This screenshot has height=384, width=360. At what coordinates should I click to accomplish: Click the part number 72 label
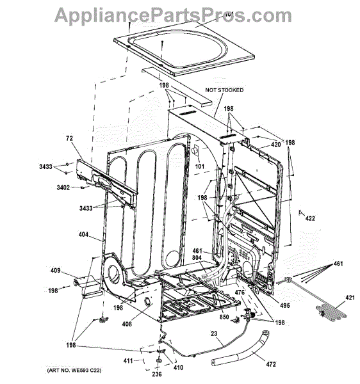click(70, 138)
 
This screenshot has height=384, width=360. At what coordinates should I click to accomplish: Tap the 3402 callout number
click(63, 188)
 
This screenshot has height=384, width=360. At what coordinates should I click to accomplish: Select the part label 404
click(83, 234)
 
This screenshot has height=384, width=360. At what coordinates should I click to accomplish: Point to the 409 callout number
click(55, 270)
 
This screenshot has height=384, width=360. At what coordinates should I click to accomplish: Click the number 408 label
click(127, 324)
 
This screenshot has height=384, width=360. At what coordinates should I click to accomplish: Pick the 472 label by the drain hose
click(271, 364)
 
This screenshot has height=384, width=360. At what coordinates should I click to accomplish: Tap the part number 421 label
click(350, 298)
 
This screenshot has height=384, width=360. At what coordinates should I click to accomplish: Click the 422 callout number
click(310, 218)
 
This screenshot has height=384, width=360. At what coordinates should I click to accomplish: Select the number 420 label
click(275, 145)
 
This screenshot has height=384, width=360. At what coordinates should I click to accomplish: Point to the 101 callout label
click(200, 166)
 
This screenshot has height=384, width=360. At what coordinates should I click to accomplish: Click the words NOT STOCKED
click(224, 90)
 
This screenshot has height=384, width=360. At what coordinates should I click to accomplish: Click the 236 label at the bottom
click(157, 374)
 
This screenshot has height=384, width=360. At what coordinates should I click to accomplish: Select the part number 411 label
click(128, 361)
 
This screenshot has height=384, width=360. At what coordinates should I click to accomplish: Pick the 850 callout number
click(224, 317)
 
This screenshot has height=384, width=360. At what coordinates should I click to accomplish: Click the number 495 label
click(285, 305)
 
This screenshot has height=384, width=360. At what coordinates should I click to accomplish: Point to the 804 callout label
click(197, 258)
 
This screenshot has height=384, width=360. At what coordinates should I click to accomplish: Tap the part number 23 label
click(214, 333)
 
